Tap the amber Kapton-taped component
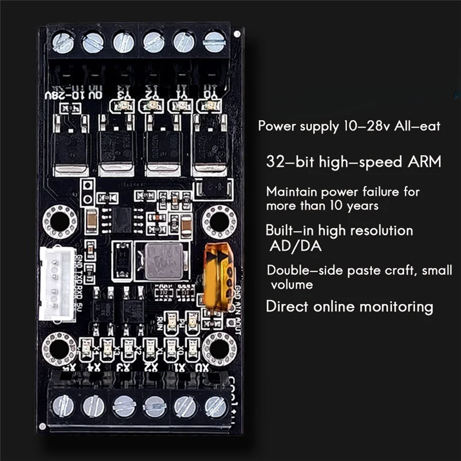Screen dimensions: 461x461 coord(218,278)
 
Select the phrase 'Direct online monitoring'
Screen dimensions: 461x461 coord(349,306)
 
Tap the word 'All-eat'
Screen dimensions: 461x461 coord(418,126)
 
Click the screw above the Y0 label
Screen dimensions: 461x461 coord(214,41)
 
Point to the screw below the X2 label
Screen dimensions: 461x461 coord(154,406)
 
